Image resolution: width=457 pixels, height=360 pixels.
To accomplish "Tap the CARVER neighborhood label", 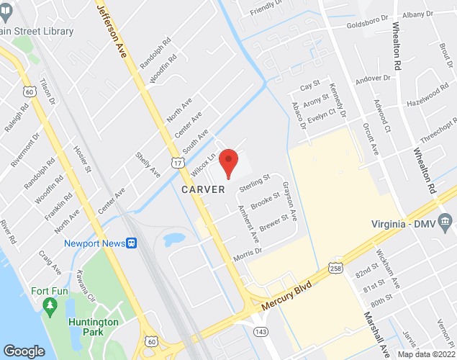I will [x=203, y=189].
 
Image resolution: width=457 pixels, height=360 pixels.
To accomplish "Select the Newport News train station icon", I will [x=132, y=243].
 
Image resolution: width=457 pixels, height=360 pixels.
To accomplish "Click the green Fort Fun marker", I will [x=50, y=308].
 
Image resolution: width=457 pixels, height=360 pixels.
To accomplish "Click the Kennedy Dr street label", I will [x=337, y=100].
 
